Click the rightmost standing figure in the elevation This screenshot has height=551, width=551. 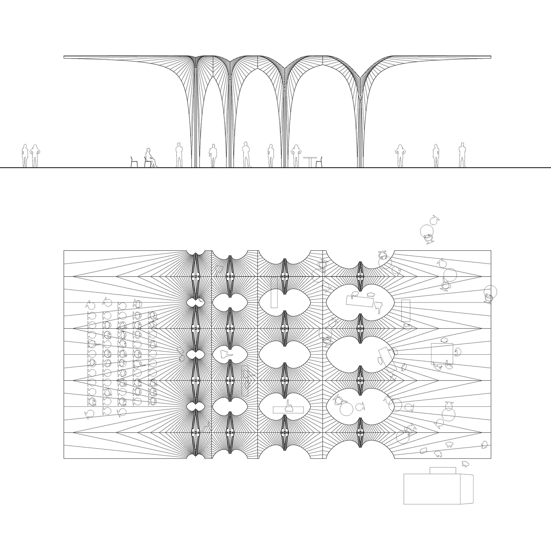click(462, 155)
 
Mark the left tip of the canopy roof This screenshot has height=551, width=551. click(65, 57)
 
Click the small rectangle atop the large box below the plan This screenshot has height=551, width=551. click(443, 470)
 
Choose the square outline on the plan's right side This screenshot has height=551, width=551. click(442, 354)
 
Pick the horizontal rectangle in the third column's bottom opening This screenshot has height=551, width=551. click(288, 410)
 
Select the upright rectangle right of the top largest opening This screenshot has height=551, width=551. click(406, 311)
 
